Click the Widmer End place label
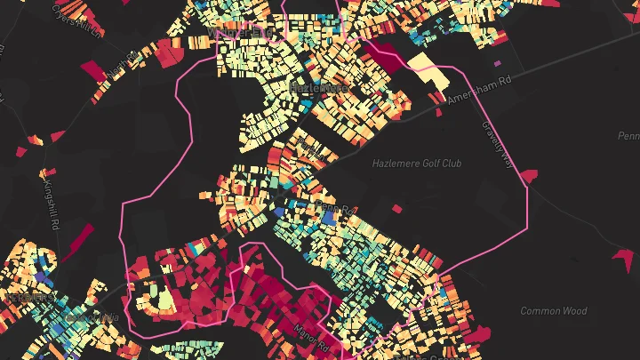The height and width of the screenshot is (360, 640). coord(238,34)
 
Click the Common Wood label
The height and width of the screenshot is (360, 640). coord(553,311)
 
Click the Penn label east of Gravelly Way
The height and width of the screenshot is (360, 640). coord(628,136)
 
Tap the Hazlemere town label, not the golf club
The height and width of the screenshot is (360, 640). coord(316,87)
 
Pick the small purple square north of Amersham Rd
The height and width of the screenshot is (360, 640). coord(497,63)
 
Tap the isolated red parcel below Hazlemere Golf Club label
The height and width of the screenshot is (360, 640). coord(396,210)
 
